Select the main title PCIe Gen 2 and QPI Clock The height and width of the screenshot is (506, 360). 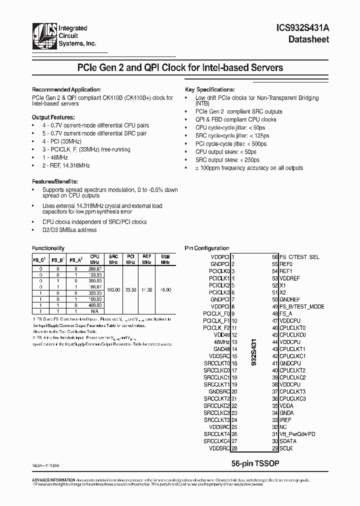click(x=179, y=67)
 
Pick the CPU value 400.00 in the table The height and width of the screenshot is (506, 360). click(x=94, y=305)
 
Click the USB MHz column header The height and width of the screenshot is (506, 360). click(x=165, y=259)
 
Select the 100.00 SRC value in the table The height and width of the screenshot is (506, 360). click(x=113, y=289)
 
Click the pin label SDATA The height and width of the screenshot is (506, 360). click(x=287, y=441)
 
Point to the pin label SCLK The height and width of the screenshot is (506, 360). click(x=286, y=448)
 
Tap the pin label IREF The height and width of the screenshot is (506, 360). click(x=285, y=420)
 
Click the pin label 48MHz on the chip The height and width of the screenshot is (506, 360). click(x=221, y=342)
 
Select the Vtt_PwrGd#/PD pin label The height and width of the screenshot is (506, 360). click(x=297, y=434)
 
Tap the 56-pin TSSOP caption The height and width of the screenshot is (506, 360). click(x=255, y=463)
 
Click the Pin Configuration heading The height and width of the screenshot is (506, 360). click(x=207, y=248)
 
